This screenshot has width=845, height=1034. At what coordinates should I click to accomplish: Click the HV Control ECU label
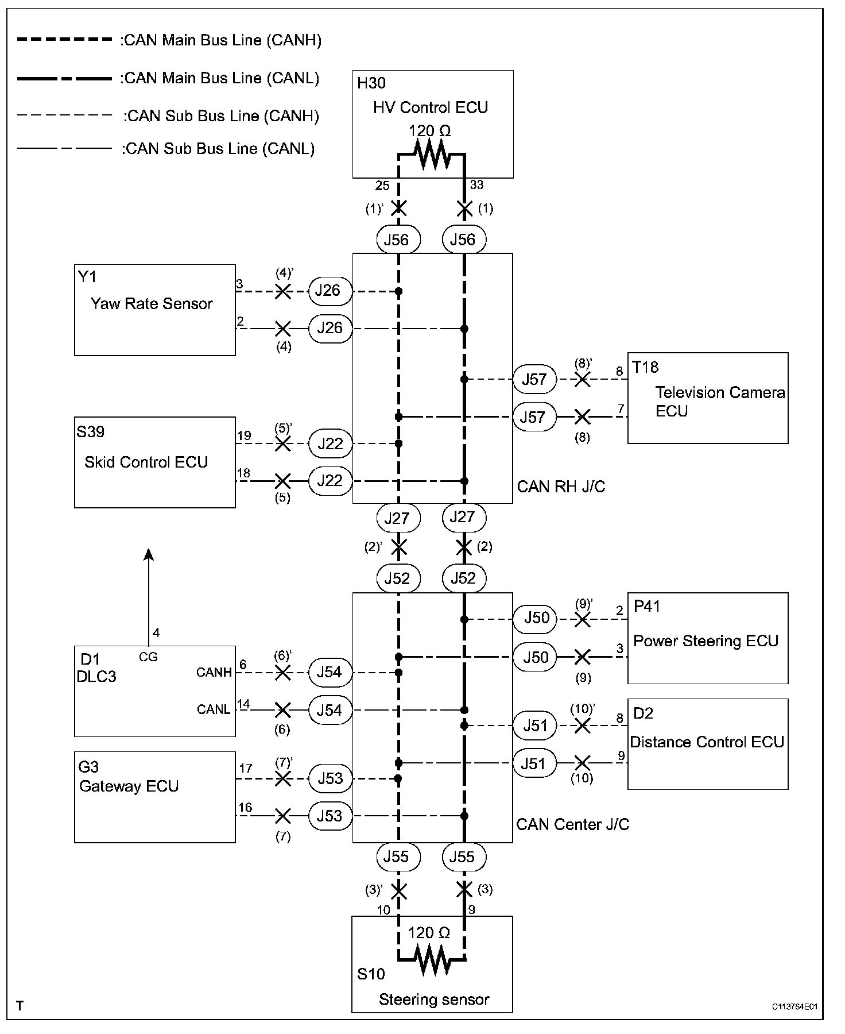430,107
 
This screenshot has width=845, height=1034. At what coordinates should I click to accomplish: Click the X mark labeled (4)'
282,291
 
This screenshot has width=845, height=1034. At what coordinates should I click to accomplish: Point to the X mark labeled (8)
582,416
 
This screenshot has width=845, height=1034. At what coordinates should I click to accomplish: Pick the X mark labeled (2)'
398,547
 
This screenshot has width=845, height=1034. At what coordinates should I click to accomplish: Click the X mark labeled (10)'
582,726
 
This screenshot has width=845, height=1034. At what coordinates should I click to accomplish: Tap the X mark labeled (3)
464,890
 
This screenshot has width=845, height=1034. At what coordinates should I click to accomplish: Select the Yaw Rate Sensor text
152,303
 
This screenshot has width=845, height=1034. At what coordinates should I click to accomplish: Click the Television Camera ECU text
720,402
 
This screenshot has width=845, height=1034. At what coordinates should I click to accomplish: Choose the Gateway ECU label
129,786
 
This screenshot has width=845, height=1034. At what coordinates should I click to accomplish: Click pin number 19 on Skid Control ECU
244,436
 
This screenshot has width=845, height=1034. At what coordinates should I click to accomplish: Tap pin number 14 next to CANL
244,704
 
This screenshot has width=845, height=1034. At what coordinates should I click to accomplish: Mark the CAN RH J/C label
561,487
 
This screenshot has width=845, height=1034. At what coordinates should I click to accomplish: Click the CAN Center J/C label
572,824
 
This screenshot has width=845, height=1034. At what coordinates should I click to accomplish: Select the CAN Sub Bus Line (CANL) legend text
218,149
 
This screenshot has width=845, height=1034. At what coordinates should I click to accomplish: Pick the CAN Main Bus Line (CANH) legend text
221,40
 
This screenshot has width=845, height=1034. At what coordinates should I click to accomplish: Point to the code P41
646,607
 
